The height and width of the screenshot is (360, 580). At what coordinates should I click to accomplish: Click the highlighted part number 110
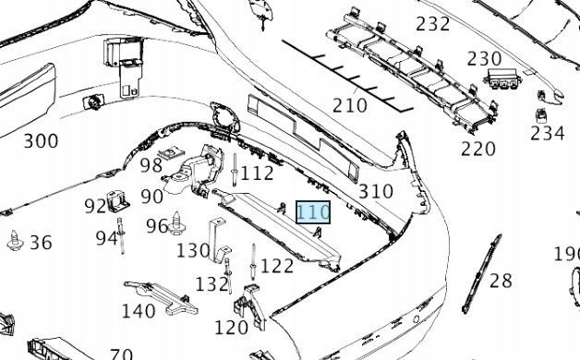tap(313, 212)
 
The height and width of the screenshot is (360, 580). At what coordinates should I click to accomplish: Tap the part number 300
tap(41, 141)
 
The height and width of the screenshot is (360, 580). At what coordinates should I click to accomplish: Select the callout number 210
tap(349, 105)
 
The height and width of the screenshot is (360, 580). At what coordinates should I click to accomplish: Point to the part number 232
tap(433, 24)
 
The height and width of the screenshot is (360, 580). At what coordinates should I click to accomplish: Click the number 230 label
tap(484, 58)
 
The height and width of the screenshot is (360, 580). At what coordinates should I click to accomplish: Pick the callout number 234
tap(548, 133)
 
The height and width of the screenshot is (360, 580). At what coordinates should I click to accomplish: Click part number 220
tap(477, 149)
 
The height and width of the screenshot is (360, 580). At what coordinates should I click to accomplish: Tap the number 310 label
tap(376, 191)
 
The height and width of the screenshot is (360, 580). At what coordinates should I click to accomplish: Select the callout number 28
tap(501, 281)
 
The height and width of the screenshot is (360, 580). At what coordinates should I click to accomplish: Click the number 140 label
tap(139, 311)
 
